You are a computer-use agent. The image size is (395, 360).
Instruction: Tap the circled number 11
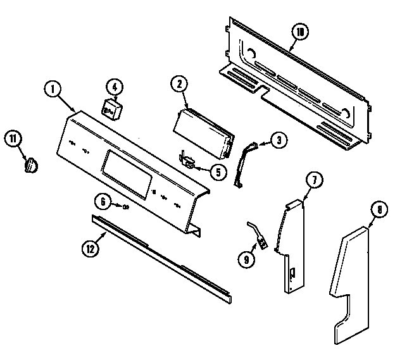point(11,139)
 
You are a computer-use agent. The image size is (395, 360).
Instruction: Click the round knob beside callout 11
point(30,164)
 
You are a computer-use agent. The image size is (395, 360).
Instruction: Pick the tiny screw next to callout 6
point(126,206)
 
